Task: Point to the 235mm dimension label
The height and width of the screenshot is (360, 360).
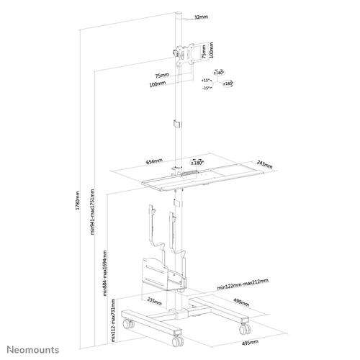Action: (153, 301)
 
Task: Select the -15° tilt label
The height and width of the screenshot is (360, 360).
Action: (206, 88)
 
